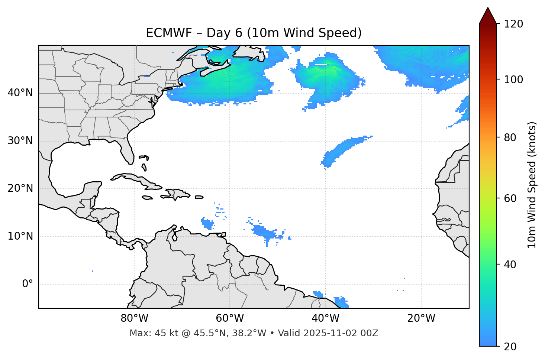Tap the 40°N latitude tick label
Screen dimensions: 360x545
click(20, 93)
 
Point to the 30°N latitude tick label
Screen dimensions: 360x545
click(20, 141)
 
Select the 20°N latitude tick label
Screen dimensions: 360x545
click(20, 188)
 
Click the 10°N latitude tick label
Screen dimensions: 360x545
click(20, 236)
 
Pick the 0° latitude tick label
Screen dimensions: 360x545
click(27, 284)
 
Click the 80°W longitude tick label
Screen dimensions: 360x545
click(134, 318)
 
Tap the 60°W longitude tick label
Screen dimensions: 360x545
click(230, 318)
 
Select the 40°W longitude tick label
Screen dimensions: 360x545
click(326, 318)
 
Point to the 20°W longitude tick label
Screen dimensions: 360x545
click(421, 318)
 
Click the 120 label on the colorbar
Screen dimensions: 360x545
click(513, 24)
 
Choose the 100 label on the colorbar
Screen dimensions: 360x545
click(513, 80)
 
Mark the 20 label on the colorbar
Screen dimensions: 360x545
click(510, 347)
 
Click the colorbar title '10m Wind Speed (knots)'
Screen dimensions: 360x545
click(532, 185)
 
